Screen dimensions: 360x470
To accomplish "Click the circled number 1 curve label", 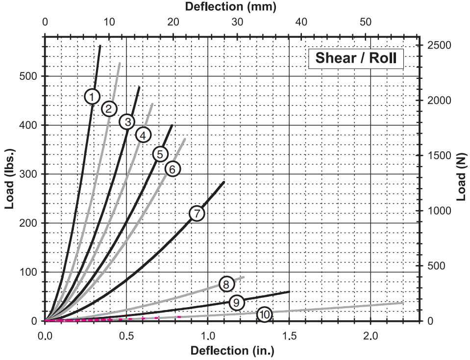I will (x=92, y=96).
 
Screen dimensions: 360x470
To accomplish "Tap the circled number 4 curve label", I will (x=143, y=135).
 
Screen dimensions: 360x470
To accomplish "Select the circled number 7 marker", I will (x=197, y=214).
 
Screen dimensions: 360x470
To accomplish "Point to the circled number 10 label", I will (x=264, y=314).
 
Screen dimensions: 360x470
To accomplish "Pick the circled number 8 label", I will (x=225, y=284).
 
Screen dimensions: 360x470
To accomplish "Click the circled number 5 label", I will (x=160, y=154).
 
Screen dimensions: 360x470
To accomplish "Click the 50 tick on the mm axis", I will (x=366, y=22).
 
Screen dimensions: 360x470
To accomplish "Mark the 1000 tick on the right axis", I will (x=437, y=211).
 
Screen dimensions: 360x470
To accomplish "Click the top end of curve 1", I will (x=100, y=46).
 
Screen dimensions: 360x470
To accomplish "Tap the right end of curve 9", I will (x=289, y=291).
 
